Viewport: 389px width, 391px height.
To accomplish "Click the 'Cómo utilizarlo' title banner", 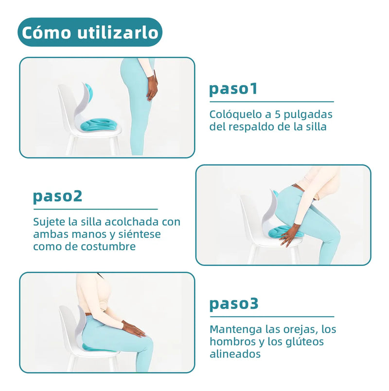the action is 90,32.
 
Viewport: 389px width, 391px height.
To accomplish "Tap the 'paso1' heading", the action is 233,89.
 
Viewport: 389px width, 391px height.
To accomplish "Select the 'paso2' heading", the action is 57,196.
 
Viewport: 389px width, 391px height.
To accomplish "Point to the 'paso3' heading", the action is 234,304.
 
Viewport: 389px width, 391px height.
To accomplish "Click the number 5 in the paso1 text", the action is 278,114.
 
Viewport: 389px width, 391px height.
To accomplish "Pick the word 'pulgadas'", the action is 308,115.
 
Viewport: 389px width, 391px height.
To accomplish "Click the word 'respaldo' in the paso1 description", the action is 253,127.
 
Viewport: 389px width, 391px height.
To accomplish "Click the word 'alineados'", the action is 235,354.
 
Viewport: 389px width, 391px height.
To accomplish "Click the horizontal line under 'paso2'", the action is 95,209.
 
